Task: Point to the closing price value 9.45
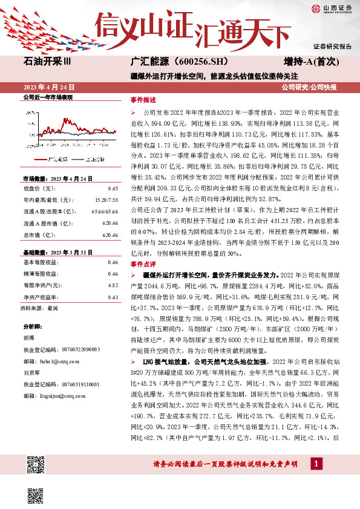112,189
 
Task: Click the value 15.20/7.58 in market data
106,198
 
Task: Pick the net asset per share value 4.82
112,284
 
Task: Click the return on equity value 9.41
112,297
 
